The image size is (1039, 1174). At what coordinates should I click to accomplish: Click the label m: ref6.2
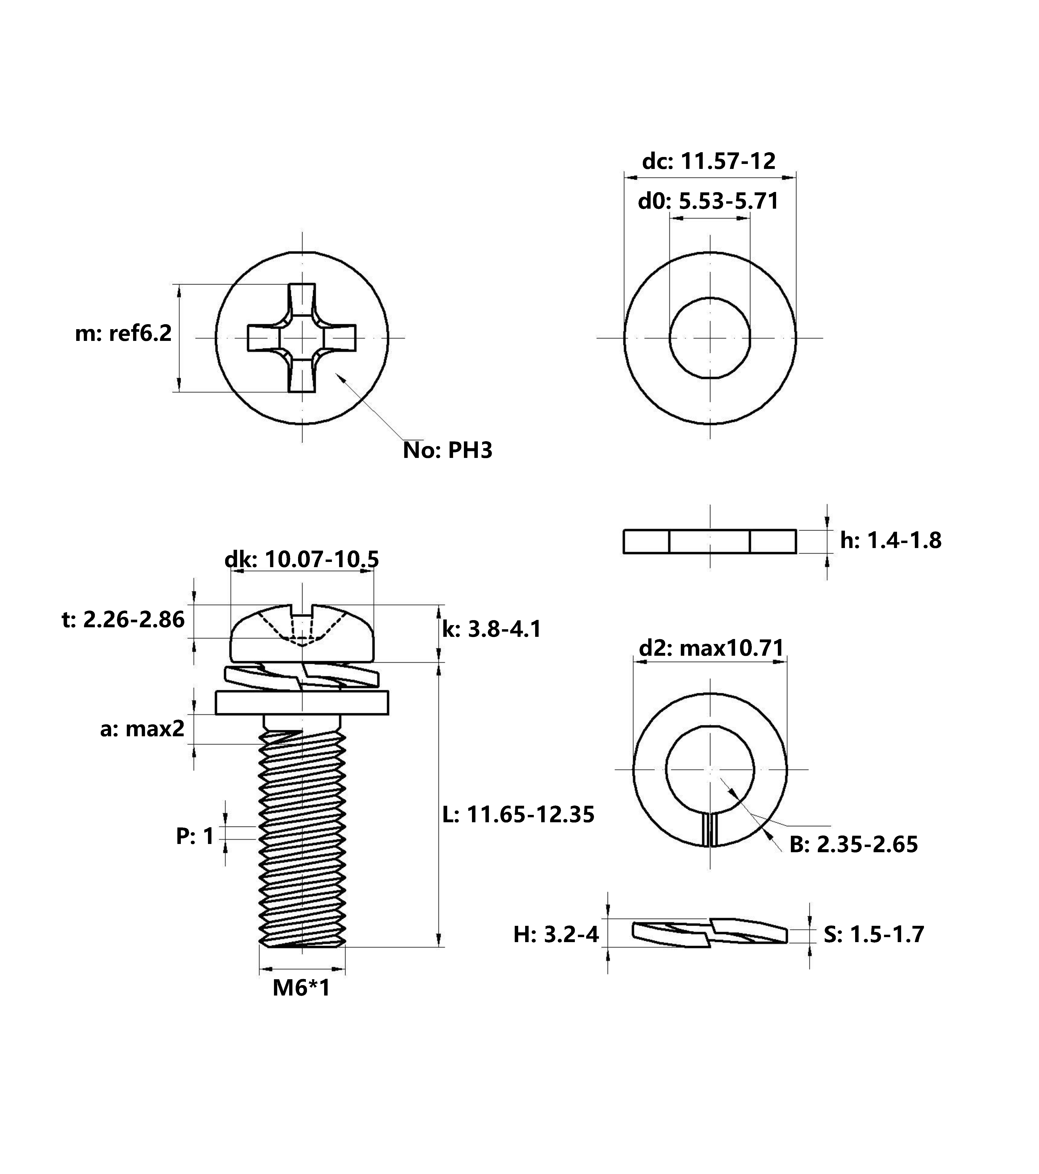(124, 333)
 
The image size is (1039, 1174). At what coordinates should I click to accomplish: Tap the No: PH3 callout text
(447, 450)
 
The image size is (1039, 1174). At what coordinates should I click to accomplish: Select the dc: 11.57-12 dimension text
(709, 161)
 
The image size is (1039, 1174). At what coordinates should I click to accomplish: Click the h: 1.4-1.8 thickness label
(891, 540)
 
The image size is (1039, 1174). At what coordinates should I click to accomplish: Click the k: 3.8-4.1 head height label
(492, 629)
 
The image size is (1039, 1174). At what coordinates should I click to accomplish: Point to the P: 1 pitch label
(195, 836)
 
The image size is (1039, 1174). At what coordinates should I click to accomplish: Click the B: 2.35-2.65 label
(853, 844)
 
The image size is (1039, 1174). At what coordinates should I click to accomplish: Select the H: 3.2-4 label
(556, 935)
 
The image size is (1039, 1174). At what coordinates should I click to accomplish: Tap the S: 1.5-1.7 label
(874, 935)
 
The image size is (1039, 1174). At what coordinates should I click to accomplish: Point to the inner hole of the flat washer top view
(710, 338)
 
